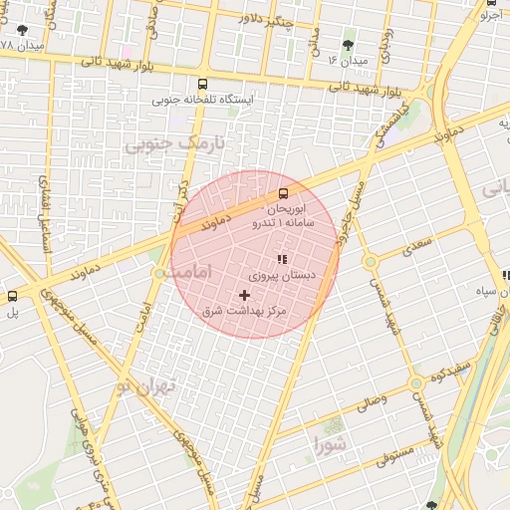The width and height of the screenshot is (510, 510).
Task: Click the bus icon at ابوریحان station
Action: coord(283,193)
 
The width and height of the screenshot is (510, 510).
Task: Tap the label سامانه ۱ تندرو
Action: coord(286,225)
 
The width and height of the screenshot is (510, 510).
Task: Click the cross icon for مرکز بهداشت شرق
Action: coord(245,295)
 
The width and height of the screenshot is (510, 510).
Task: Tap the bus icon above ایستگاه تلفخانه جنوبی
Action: coord(203,85)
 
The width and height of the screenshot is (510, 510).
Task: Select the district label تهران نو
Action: coord(144,384)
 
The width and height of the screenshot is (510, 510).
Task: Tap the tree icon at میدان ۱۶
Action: coord(348,45)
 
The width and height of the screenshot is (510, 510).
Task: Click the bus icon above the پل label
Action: coord(12,296)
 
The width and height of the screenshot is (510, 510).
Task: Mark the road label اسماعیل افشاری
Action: coord(45,209)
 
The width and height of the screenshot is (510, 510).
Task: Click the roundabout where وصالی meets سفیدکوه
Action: coord(415,383)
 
